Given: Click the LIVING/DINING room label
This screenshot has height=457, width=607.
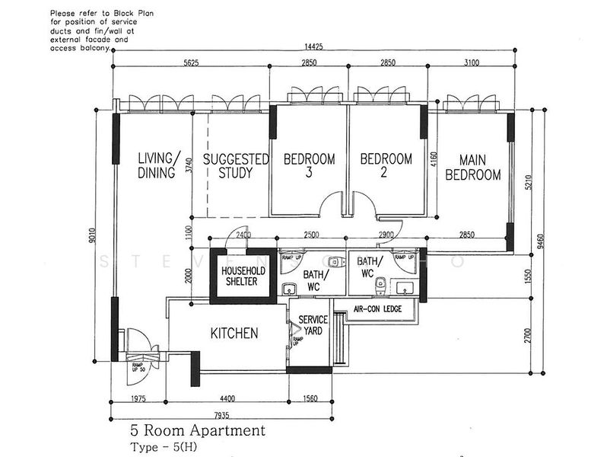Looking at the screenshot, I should (159, 166).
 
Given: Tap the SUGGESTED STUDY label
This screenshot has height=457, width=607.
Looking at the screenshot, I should (236, 166).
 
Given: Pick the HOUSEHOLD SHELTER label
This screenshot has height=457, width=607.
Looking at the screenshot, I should (239, 276).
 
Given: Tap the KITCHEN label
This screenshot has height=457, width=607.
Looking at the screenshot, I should (234, 334).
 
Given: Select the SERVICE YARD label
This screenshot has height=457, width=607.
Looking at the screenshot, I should (313, 325).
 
